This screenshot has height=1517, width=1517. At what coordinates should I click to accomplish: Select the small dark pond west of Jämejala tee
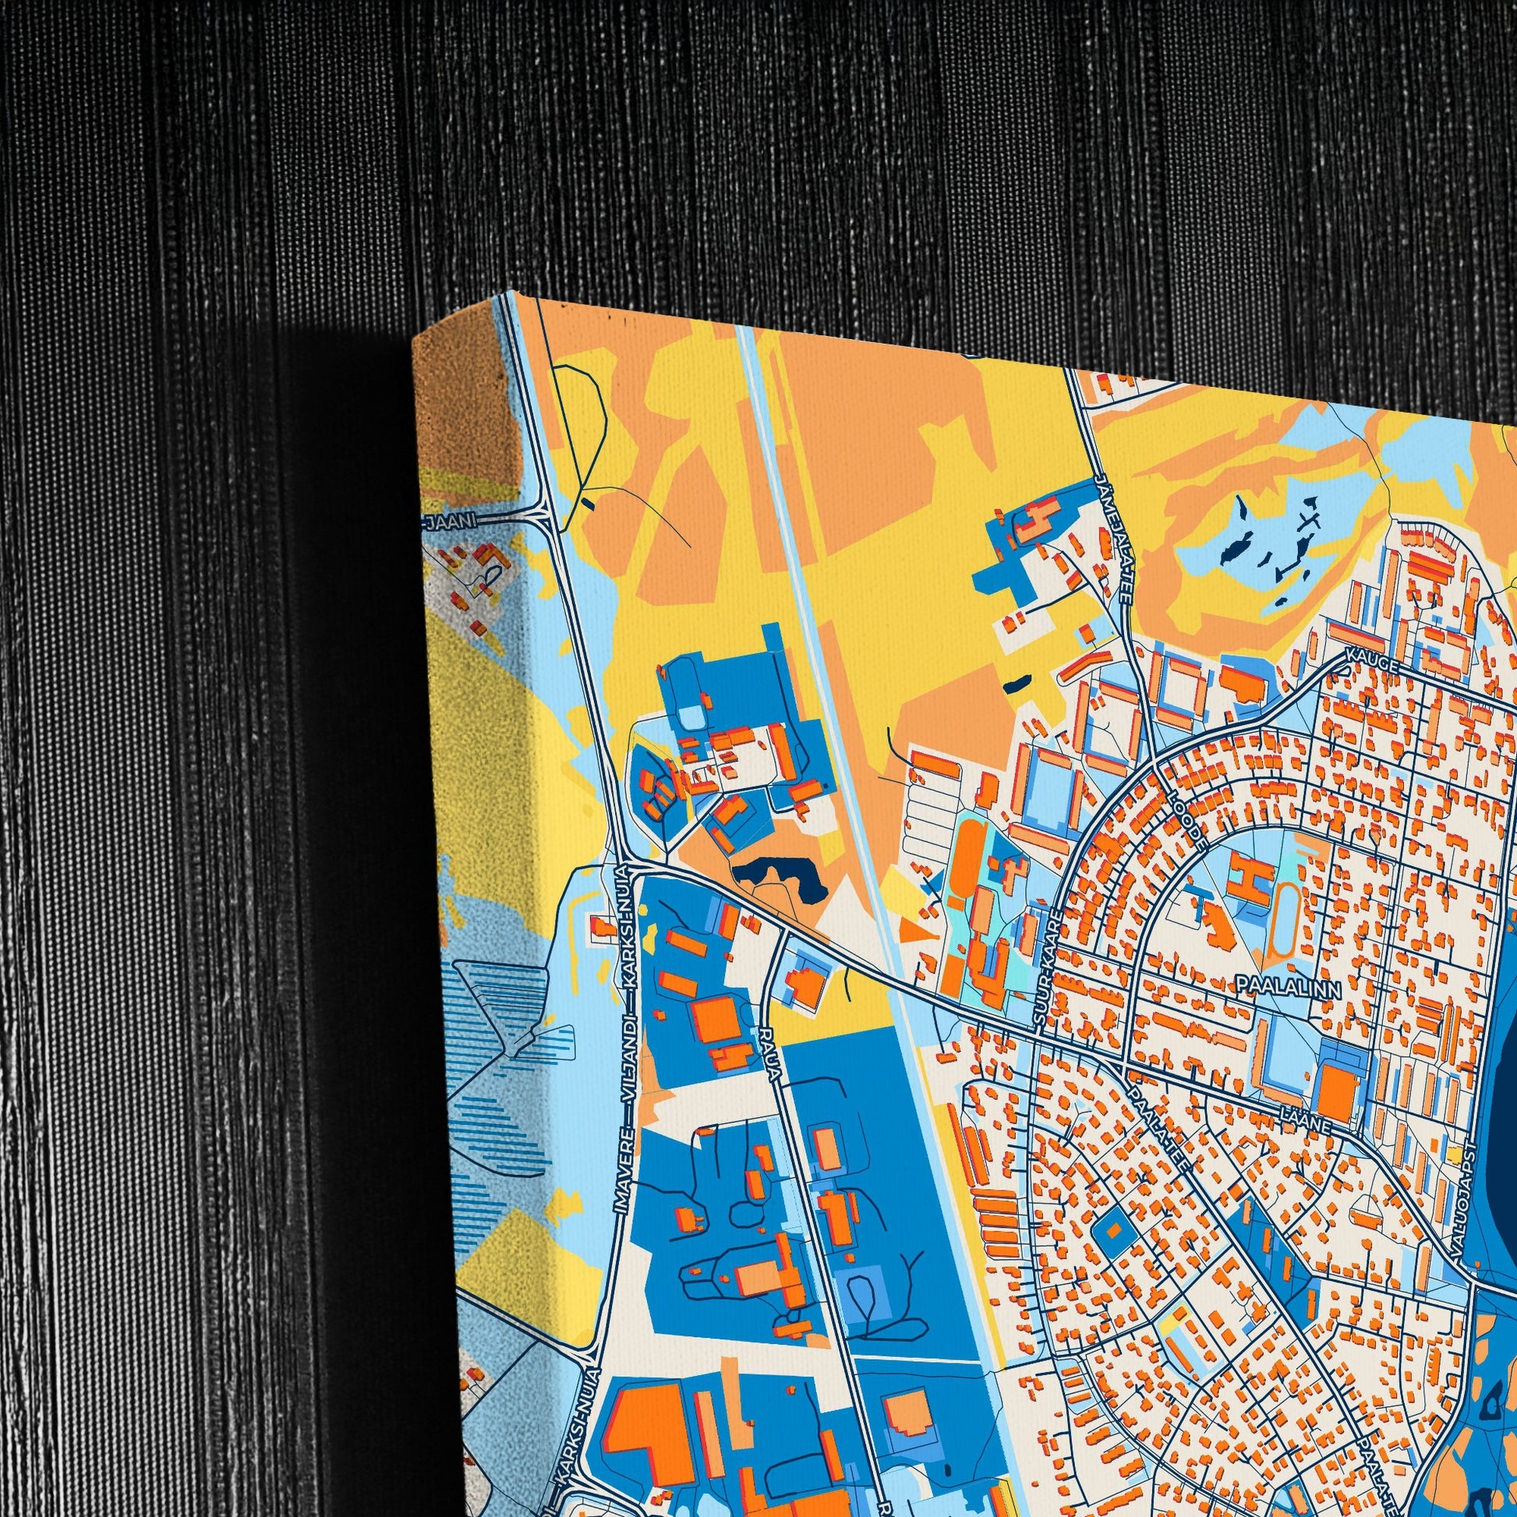pyautogui.click(x=1015, y=683)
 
